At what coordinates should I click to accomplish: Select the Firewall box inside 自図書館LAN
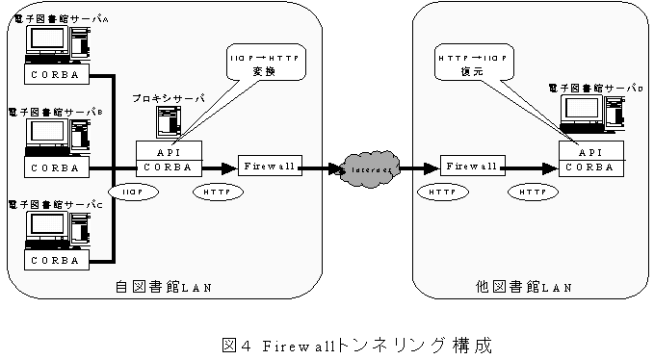267,167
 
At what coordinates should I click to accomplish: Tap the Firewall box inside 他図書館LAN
471,167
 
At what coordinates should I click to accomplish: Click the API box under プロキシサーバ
169,150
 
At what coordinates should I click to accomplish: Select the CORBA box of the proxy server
169,167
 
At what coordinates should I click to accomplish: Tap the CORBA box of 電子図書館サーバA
55,74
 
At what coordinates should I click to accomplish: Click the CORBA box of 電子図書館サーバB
55,167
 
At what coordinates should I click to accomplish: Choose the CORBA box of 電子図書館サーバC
55,261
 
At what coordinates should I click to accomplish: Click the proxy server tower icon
169,122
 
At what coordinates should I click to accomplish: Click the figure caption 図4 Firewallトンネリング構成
327,342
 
